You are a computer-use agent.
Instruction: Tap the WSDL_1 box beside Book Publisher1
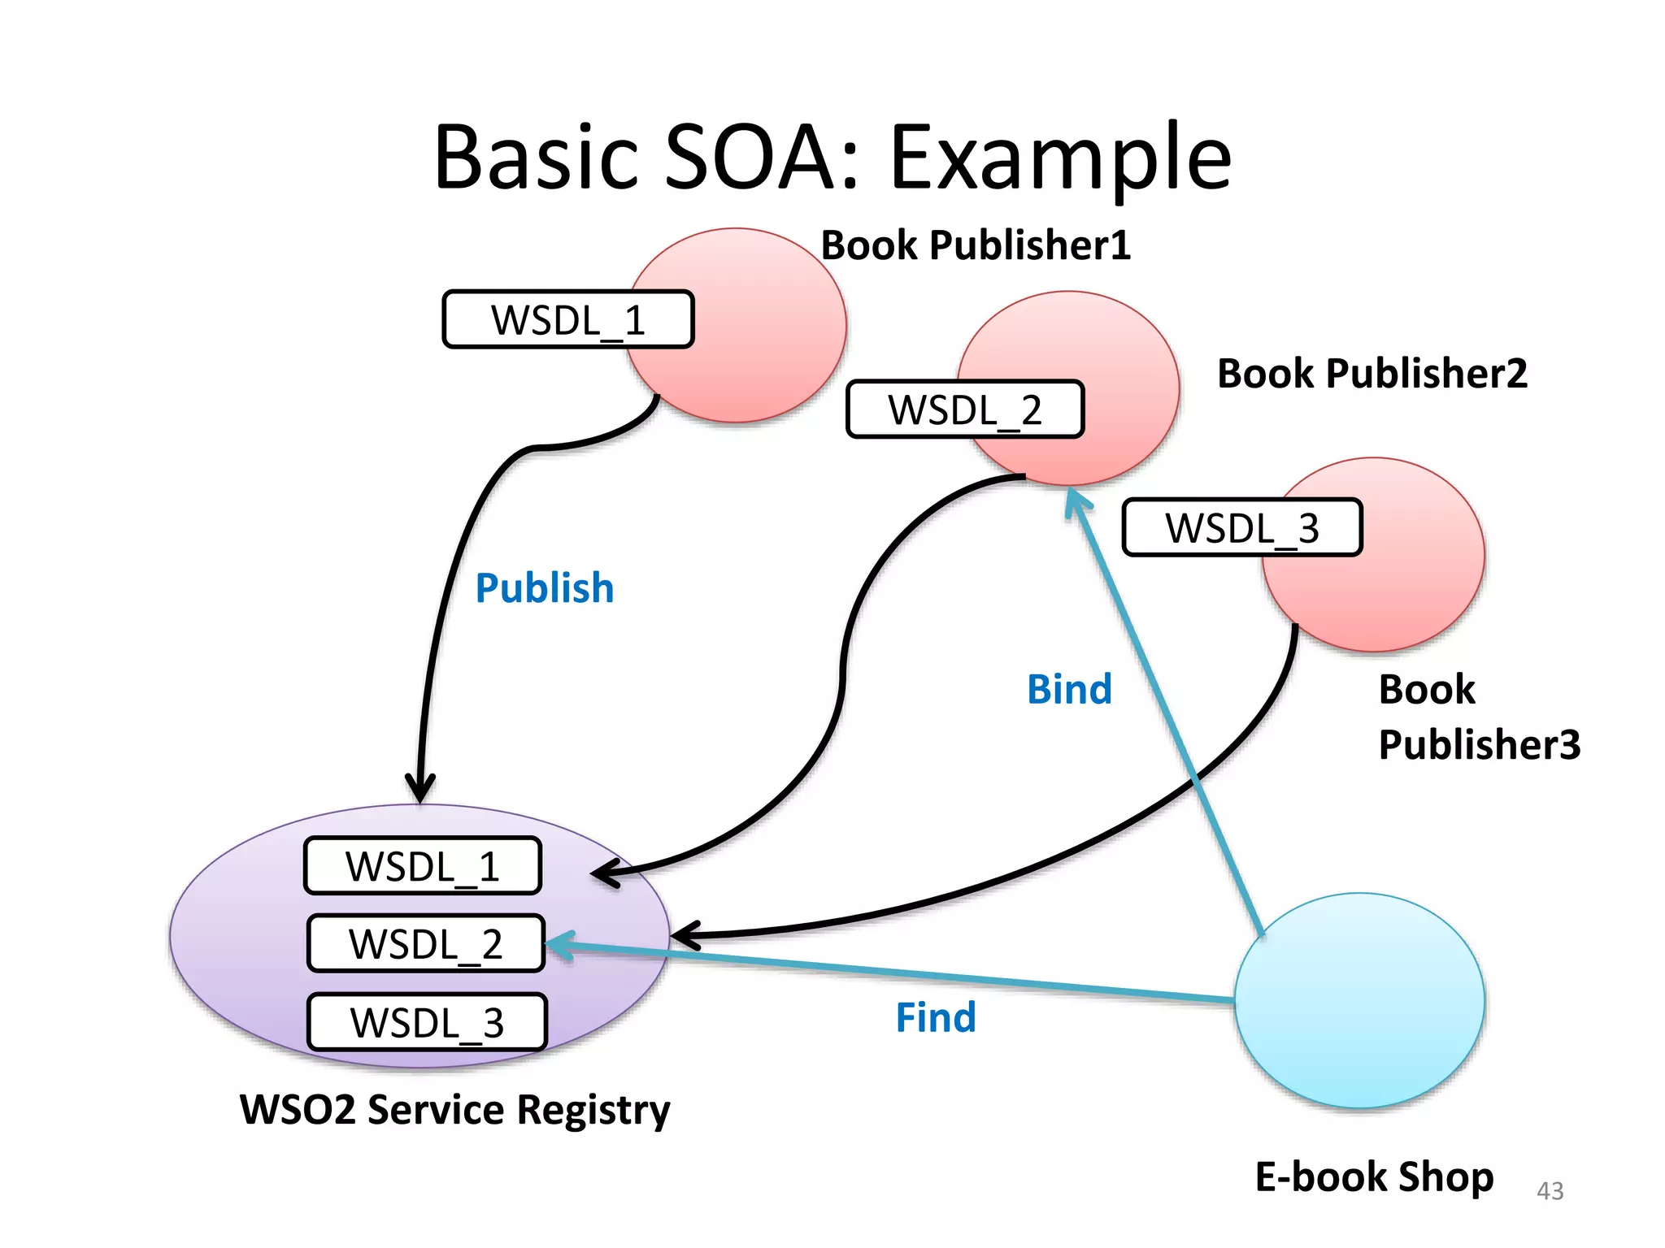pyautogui.click(x=567, y=319)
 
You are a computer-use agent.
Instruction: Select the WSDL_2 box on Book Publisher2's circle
pyautogui.click(x=965, y=409)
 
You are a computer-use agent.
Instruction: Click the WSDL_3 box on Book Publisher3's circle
pyautogui.click(x=1241, y=528)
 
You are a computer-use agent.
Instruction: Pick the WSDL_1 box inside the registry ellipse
pyautogui.click(x=423, y=866)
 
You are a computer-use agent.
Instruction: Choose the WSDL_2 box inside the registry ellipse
pyautogui.click(x=426, y=944)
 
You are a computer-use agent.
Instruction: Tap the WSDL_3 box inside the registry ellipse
pyautogui.click(x=427, y=1022)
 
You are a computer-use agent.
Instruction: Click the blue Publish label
pyautogui.click(x=544, y=588)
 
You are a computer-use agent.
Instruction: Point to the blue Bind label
pyautogui.click(x=1068, y=690)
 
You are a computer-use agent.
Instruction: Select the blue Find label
pyautogui.click(x=935, y=1018)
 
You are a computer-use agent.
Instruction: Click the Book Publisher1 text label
pyautogui.click(x=976, y=245)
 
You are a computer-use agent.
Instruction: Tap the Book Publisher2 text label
pyautogui.click(x=1372, y=374)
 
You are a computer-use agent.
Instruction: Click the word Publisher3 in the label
pyautogui.click(x=1479, y=745)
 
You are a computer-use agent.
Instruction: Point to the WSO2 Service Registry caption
pyautogui.click(x=454, y=1110)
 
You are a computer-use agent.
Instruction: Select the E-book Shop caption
pyautogui.click(x=1374, y=1177)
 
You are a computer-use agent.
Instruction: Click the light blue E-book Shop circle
pyautogui.click(x=1359, y=1001)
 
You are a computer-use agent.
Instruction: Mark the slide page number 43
pyautogui.click(x=1550, y=1191)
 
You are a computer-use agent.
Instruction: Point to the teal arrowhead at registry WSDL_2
pyautogui.click(x=559, y=945)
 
